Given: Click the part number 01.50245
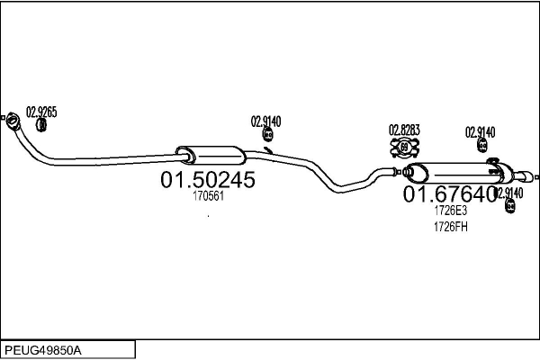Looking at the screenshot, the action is (x=208, y=180).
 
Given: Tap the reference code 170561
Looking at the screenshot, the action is (x=208, y=196).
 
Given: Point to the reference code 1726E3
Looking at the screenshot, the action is (x=450, y=211).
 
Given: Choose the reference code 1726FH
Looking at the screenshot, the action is (x=450, y=227).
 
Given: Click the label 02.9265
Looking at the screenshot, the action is (x=41, y=112).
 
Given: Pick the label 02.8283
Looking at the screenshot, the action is (x=404, y=130).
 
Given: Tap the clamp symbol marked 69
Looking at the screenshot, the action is (x=404, y=148).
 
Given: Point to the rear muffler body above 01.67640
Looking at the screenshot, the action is (x=455, y=172).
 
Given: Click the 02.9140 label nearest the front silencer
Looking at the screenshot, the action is (x=266, y=121).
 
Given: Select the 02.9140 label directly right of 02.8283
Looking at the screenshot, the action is (x=481, y=131).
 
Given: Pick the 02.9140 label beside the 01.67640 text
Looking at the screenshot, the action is (x=509, y=193).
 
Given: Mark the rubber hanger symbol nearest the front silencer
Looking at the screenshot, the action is (x=267, y=136).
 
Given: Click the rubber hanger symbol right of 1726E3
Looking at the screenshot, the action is (x=510, y=207).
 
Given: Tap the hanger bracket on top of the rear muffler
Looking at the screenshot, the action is (x=493, y=163).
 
